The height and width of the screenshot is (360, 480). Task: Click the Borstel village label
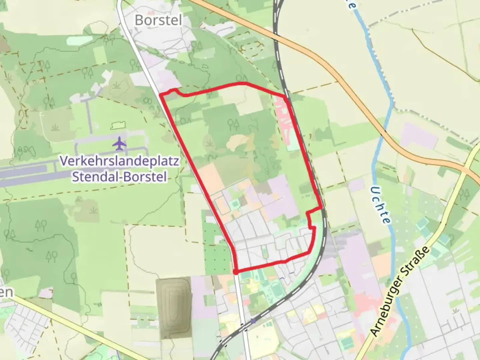pos(158,20)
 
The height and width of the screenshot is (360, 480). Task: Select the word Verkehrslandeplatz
pos(120,161)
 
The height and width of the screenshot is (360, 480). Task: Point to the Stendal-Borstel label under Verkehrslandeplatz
pos(120,176)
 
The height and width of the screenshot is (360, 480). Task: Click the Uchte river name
pos(380,205)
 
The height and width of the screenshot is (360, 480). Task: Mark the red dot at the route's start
pos(235,272)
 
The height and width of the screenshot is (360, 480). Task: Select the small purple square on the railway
pos(253,321)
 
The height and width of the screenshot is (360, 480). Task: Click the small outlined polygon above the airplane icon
pos(118,125)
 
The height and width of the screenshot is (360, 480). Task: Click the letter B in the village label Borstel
pos(139,20)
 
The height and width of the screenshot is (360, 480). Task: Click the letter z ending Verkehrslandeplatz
pos(176,161)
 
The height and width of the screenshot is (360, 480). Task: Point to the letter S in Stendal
pos(76,176)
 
